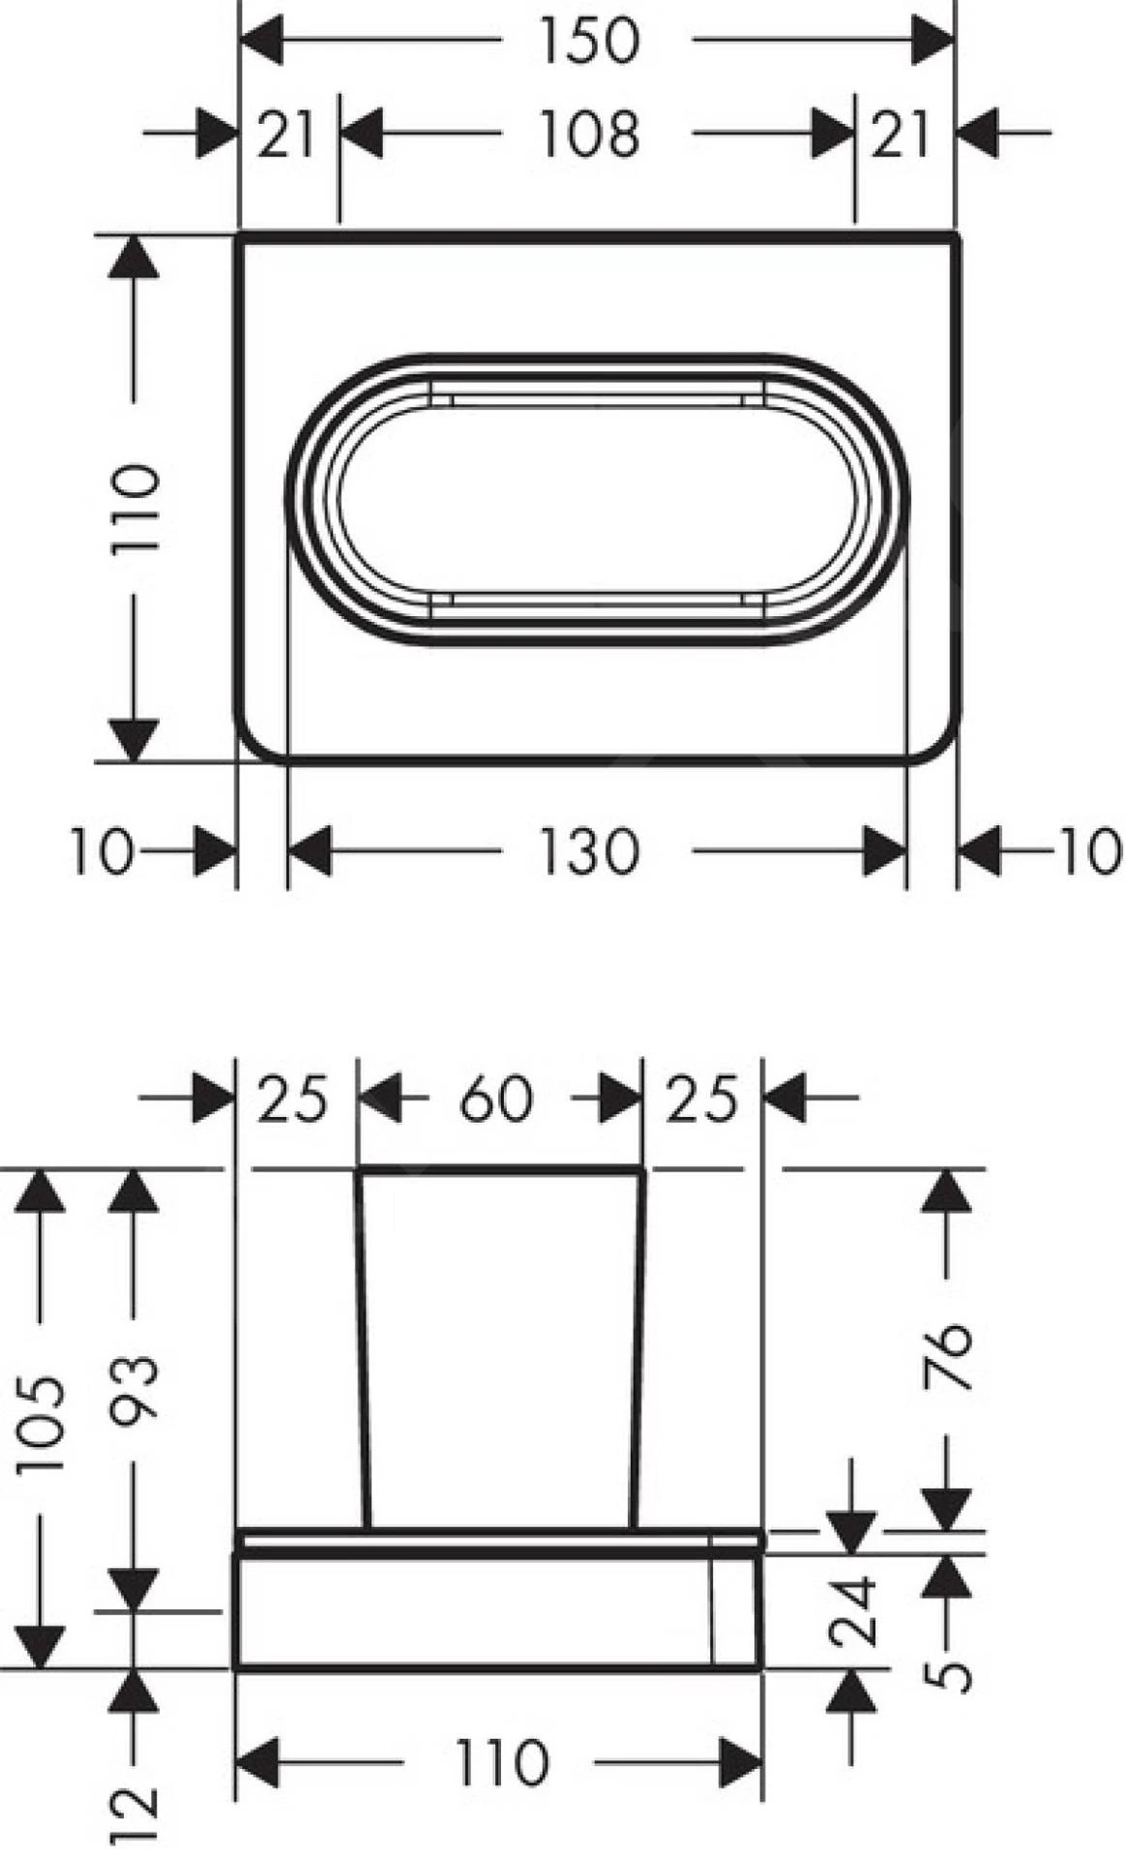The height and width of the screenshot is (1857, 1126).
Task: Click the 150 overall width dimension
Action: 589,40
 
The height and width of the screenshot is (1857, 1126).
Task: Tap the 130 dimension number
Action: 589,852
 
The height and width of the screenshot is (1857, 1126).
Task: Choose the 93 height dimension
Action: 133,1392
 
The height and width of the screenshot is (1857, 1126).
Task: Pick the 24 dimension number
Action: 853,1610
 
